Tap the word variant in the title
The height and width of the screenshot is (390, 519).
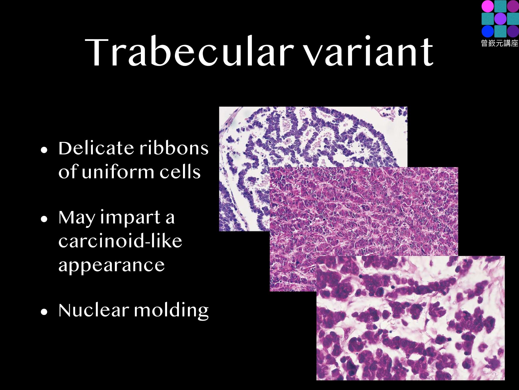(x=368, y=51)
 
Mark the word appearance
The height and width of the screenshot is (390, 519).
(x=111, y=265)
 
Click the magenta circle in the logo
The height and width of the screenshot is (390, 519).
(x=488, y=6)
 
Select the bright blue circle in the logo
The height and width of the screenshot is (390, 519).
(x=488, y=31)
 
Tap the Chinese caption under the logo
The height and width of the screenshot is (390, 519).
(x=500, y=43)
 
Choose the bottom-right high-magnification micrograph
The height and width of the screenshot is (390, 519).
(x=410, y=318)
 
